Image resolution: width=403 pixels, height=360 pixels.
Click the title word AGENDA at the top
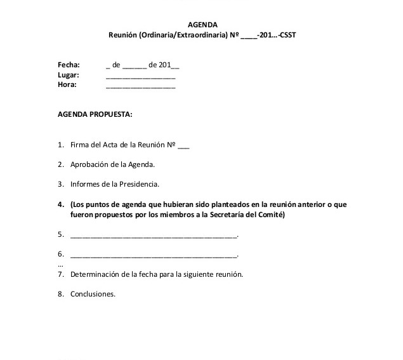click(201, 25)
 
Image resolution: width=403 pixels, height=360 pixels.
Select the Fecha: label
click(69, 65)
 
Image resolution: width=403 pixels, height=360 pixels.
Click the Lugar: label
click(68, 75)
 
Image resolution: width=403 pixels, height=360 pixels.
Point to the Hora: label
click(67, 85)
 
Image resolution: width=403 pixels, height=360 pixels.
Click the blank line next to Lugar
click(140, 76)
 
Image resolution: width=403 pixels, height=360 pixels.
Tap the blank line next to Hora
click(140, 86)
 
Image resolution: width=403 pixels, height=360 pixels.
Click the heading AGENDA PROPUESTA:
click(95, 115)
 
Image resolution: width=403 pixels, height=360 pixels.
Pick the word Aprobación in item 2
click(90, 165)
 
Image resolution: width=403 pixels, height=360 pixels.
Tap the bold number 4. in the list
click(61, 204)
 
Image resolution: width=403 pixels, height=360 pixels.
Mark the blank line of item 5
click(153, 236)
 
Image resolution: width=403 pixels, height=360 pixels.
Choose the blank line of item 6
click(153, 256)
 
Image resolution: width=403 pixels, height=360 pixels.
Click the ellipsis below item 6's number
click(60, 264)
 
